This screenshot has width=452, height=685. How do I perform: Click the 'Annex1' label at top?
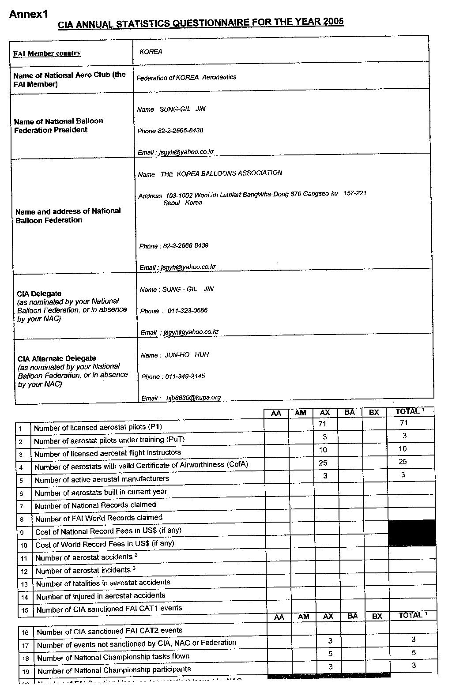(28, 14)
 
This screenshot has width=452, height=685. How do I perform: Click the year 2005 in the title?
(333, 22)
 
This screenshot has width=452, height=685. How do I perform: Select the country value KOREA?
(151, 52)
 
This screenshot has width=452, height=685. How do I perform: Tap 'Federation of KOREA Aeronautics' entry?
(186, 78)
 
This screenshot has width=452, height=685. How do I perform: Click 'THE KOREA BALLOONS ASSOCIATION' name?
(221, 173)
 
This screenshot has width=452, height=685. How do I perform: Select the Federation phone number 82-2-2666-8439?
(185, 245)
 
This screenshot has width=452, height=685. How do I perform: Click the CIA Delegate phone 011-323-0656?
(187, 311)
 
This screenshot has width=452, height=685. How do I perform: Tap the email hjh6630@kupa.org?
(193, 398)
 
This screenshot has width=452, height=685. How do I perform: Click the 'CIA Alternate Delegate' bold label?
(57, 358)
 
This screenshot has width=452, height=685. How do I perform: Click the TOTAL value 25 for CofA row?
(402, 462)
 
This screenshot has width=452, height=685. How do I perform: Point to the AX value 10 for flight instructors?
(323, 450)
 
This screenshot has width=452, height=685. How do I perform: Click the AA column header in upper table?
(276, 414)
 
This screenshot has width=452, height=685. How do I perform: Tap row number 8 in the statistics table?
(22, 519)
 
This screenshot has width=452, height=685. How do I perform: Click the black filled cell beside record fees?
(411, 533)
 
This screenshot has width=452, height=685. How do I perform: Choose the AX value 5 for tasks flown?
(330, 654)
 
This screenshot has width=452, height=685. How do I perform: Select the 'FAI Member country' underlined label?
(47, 53)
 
